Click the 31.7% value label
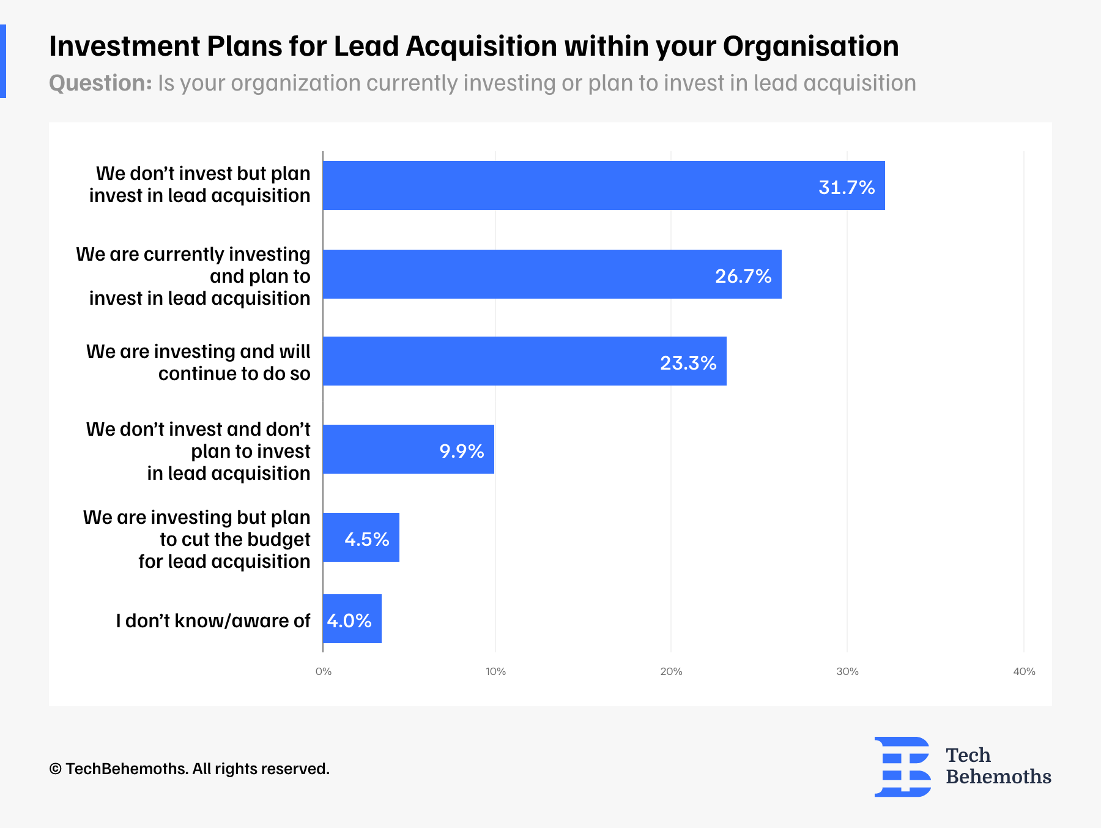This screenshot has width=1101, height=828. tap(847, 187)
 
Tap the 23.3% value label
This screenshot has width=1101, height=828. tap(688, 364)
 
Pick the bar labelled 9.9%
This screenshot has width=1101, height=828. tap(408, 449)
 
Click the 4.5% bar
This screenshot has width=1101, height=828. tap(361, 537)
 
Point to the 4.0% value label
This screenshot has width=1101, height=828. tap(349, 621)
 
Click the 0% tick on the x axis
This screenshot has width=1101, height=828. tap(324, 672)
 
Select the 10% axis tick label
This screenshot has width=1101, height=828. tap(495, 672)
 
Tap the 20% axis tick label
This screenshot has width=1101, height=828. tap(671, 672)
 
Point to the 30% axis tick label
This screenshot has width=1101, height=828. tap(847, 672)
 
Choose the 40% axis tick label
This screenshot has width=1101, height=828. tap(1024, 672)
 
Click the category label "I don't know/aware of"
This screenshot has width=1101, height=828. tap(213, 621)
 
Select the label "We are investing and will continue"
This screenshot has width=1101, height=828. tap(198, 362)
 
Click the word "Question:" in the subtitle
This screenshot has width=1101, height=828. tap(100, 83)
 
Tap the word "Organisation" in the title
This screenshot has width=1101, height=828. tap(810, 47)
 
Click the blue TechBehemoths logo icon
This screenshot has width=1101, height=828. tap(902, 767)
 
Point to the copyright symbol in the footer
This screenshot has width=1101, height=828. tap(55, 769)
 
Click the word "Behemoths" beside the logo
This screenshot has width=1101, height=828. tap(998, 777)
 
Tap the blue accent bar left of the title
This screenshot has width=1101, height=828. tap(3, 61)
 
